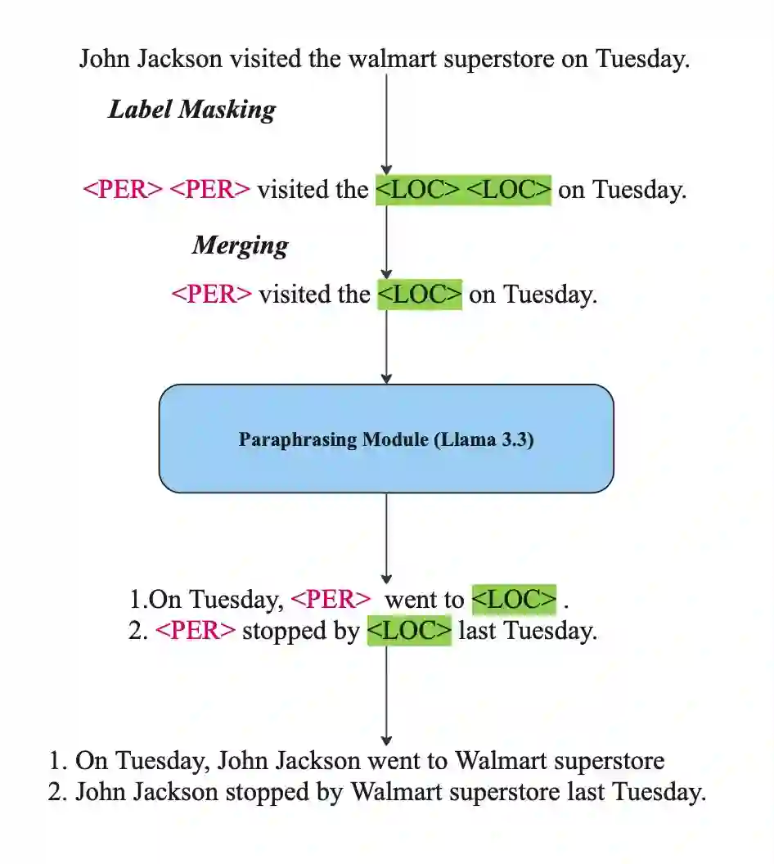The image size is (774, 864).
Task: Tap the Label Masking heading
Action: tap(191, 110)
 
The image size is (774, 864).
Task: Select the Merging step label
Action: tap(240, 245)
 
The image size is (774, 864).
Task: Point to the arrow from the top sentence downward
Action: tap(386, 123)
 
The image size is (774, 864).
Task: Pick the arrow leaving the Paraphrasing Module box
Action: tap(386, 536)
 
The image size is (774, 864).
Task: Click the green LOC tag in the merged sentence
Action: tap(420, 295)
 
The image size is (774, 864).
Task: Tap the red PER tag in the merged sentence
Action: tap(211, 295)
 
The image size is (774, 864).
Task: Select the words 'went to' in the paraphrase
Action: tap(424, 600)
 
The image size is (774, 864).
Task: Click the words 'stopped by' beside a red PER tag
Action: tap(301, 631)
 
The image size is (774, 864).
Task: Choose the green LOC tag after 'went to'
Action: tap(515, 600)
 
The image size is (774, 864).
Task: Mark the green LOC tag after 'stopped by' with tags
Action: tap(409, 631)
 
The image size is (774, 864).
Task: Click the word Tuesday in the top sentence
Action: tap(642, 60)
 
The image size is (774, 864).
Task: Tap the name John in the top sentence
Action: tap(106, 60)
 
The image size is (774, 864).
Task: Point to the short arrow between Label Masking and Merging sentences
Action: tap(386, 241)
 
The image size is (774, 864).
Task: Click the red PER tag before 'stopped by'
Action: tap(196, 631)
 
